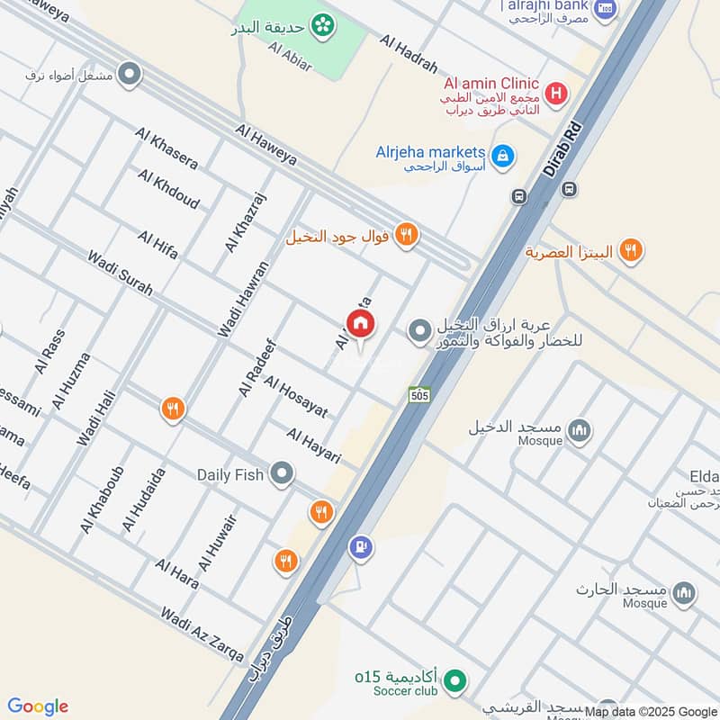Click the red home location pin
pyautogui.click(x=360, y=324)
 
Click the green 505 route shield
pyautogui.click(x=418, y=394)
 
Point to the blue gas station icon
pyautogui.click(x=361, y=546)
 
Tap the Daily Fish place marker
pyautogui.click(x=283, y=472)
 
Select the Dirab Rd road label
pyautogui.click(x=559, y=143)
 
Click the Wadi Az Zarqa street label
pyautogui.click(x=202, y=634)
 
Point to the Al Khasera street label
pyautogui.click(x=166, y=148)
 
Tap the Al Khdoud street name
pyautogui.click(x=168, y=189)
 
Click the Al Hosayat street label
pyautogui.click(x=296, y=396)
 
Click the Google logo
pyautogui.click(x=38, y=706)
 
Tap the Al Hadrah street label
pyautogui.click(x=409, y=55)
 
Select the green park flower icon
pyautogui.click(x=320, y=25)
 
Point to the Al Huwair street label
pyautogui.click(x=219, y=543)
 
